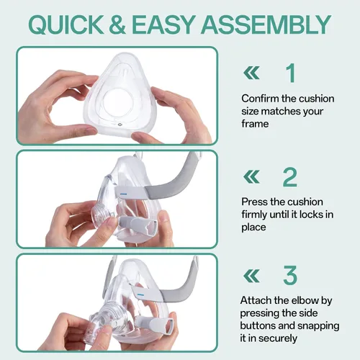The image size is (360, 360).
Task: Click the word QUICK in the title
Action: pyautogui.click(x=66, y=24)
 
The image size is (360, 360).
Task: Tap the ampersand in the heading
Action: pyautogui.click(x=117, y=24)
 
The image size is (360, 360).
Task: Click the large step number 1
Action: pyautogui.click(x=291, y=73)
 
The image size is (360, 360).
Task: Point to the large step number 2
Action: pyautogui.click(x=290, y=177)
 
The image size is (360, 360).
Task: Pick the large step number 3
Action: pyautogui.click(x=290, y=275)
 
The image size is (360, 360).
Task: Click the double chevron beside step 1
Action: pyautogui.click(x=251, y=73)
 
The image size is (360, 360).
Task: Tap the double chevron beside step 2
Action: pyautogui.click(x=251, y=176)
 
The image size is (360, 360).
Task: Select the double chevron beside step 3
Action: pyautogui.click(x=251, y=276)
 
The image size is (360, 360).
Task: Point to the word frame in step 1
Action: pyautogui.click(x=255, y=124)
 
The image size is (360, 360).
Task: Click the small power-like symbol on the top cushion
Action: pyautogui.click(x=120, y=125)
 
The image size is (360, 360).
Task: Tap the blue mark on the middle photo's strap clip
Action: pyautogui.click(x=123, y=193)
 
